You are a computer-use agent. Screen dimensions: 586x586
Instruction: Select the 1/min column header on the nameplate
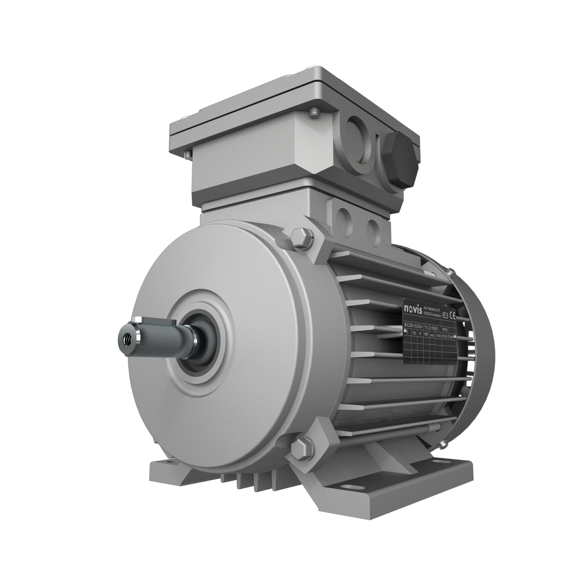(x=438, y=336)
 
